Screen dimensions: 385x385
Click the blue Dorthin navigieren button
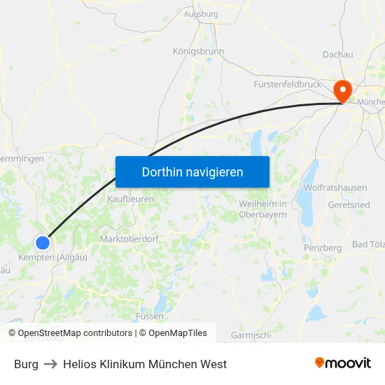pyautogui.click(x=192, y=171)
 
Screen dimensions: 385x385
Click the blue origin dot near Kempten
pyautogui.click(x=43, y=243)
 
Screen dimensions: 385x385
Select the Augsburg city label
pyautogui.click(x=201, y=13)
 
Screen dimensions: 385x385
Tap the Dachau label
pyautogui.click(x=337, y=55)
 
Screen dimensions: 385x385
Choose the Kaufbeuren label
pyautogui.click(x=131, y=199)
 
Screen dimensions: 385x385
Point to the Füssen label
pyautogui.click(x=150, y=316)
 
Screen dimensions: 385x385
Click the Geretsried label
pyautogui.click(x=349, y=205)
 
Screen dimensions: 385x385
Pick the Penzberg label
pyautogui.click(x=323, y=248)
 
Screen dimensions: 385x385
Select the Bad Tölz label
pyautogui.click(x=368, y=244)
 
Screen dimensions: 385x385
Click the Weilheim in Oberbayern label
pyautogui.click(x=263, y=209)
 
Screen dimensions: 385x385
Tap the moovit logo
pyautogui.click(x=343, y=363)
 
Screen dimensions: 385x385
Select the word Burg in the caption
pyautogui.click(x=26, y=364)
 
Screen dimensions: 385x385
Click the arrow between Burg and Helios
pyautogui.click(x=50, y=364)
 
